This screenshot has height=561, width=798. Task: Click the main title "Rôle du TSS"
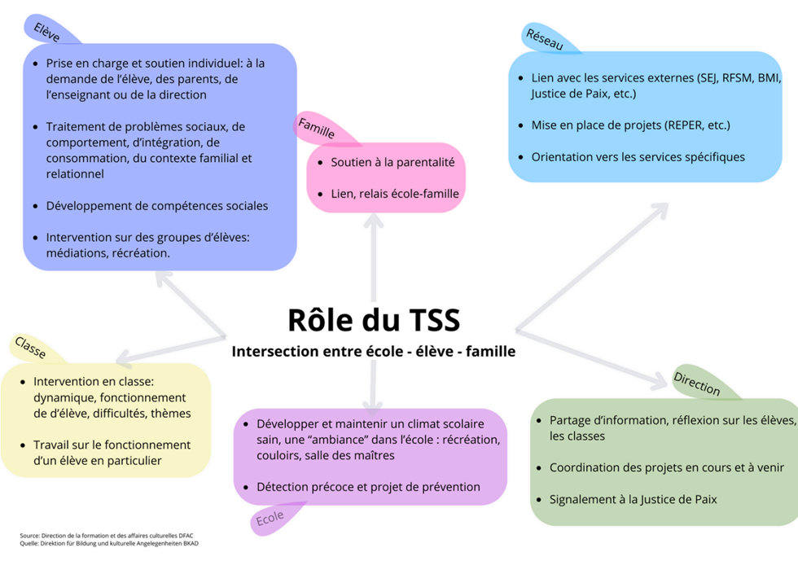[374, 320]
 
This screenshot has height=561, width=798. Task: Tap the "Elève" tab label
[47, 32]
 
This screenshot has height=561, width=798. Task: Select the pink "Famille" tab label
[316, 128]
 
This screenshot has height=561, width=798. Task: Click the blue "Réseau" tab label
[545, 39]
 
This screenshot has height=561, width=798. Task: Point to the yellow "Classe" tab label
[30, 347]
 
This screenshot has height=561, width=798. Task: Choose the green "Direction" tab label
[697, 383]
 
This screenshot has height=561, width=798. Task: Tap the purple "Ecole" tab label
[270, 519]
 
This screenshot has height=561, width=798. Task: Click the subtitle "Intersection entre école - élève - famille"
[374, 351]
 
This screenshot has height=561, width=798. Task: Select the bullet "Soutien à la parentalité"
[392, 162]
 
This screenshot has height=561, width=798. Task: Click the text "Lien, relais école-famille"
[395, 194]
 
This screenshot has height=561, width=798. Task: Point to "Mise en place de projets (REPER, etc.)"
[630, 125]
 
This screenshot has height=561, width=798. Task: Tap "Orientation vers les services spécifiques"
[638, 157]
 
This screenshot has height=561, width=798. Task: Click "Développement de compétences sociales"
[156, 206]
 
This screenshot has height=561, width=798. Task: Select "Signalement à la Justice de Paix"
[634, 499]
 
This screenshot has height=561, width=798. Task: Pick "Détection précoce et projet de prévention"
[368, 487]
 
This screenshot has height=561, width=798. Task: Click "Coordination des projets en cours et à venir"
[667, 467]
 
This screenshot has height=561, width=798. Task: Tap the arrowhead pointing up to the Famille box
[374, 219]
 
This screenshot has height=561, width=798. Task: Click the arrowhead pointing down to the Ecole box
[373, 406]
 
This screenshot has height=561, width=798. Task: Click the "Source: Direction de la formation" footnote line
[107, 536]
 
